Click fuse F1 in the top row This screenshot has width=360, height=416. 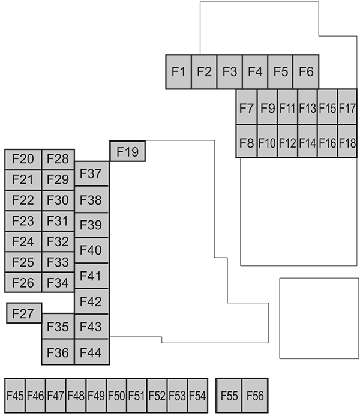pyautogui.click(x=178, y=71)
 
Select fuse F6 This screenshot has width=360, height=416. pyautogui.click(x=305, y=71)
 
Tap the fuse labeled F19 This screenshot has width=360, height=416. pyautogui.click(x=127, y=151)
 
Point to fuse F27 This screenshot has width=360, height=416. pyautogui.click(x=24, y=313)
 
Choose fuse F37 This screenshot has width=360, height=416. pyautogui.click(x=91, y=173)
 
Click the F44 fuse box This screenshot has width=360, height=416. pyautogui.click(x=91, y=351)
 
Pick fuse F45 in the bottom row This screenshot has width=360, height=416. pyautogui.click(x=15, y=396)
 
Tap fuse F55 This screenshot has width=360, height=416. pyautogui.click(x=229, y=396)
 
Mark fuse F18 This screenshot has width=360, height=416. pyautogui.click(x=347, y=143)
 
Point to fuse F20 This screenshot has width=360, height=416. pyautogui.click(x=23, y=159)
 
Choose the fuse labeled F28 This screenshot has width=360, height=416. pyautogui.click(x=58, y=159)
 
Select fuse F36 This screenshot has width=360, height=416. pyautogui.click(x=58, y=351)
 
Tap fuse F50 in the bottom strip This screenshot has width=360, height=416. pyautogui.click(x=116, y=396)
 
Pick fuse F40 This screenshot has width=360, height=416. pyautogui.click(x=91, y=250)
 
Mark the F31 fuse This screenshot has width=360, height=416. pyautogui.click(x=58, y=220)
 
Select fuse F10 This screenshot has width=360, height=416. pyautogui.click(x=266, y=143)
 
